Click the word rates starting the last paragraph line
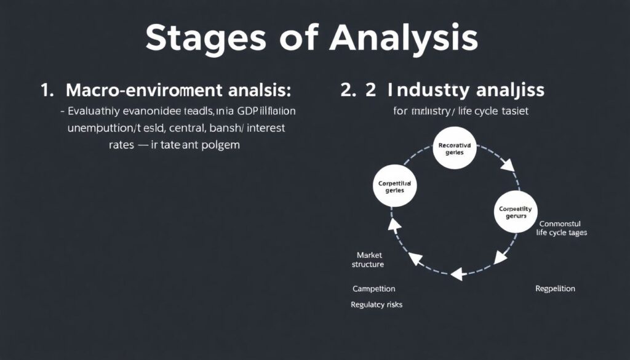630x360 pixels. tap(123, 146)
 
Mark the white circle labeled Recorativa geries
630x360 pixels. tap(455, 148)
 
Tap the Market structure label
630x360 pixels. tap(368, 259)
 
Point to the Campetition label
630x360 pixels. tap(374, 288)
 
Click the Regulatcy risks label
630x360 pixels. tap(377, 304)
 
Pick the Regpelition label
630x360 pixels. tap(555, 288)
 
